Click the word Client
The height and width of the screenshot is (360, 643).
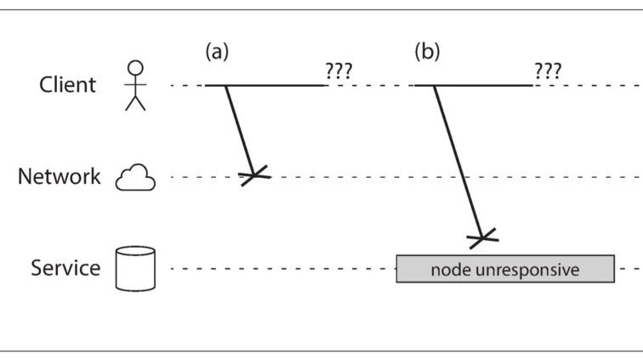67,85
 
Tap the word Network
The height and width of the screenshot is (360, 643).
59,176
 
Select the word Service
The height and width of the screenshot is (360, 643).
65,268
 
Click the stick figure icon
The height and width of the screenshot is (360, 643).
135,85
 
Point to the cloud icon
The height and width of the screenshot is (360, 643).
135,177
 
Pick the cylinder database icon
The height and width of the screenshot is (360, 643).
135,269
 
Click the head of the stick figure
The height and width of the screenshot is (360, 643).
135,68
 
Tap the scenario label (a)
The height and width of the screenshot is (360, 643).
217,52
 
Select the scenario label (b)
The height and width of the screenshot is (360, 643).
427,52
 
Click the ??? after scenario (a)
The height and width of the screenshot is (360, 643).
339,71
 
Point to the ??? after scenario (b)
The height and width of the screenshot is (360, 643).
548,71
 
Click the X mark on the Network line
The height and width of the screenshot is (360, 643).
254,175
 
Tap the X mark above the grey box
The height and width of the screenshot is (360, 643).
482,238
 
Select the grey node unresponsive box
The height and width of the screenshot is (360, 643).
505,269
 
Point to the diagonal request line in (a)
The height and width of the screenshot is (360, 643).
240,131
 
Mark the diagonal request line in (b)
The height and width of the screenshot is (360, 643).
458,162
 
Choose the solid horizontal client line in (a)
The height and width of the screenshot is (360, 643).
265,85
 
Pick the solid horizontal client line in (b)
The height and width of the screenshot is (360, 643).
474,85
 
